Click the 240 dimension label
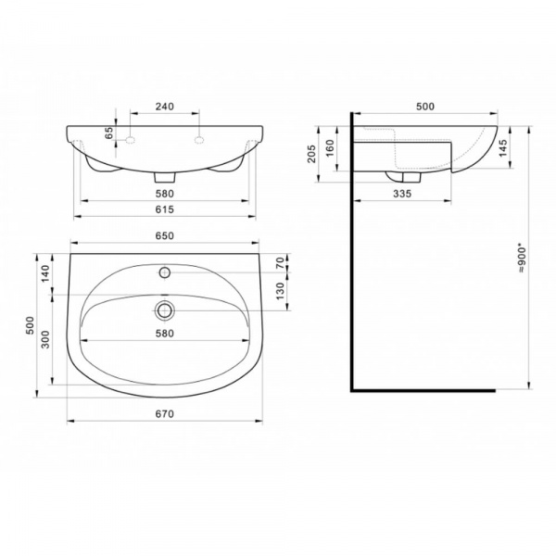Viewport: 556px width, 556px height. point(165,107)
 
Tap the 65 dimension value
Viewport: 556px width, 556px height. point(108,133)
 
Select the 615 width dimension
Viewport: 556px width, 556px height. point(165,209)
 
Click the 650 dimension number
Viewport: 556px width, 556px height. point(165,235)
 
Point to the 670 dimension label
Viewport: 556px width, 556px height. point(165,414)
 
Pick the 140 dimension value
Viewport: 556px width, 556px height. point(45,273)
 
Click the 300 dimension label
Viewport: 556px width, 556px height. point(45,339)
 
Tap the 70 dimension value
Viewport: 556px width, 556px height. point(280,263)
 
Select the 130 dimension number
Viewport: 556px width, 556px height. point(280,291)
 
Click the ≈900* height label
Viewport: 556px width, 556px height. point(522,258)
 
